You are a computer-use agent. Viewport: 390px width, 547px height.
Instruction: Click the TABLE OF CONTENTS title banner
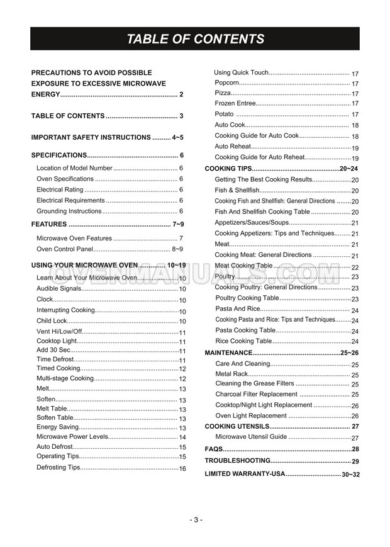pos(195,39)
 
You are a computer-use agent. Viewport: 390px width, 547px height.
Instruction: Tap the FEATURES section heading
pos(49,224)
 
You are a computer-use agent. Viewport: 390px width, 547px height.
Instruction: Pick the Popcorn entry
pos(226,83)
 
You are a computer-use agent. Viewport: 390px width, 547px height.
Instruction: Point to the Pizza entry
pos(223,93)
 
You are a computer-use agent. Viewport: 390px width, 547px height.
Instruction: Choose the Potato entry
pos(224,114)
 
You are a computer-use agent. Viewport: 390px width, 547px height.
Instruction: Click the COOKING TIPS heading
pos(228,169)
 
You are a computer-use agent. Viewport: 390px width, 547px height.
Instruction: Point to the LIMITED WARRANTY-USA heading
pos(245,473)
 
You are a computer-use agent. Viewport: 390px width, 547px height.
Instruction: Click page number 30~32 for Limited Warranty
pos(350,474)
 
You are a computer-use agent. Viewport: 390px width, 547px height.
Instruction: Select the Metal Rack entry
pos(231,374)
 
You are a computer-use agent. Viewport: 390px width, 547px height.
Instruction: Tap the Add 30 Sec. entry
pos(53,350)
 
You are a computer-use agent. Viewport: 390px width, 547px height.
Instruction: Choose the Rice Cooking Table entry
pos(243,341)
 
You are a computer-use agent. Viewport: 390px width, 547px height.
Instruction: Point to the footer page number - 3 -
pos(195,519)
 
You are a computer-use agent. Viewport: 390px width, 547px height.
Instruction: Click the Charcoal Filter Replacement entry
pos(256,394)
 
